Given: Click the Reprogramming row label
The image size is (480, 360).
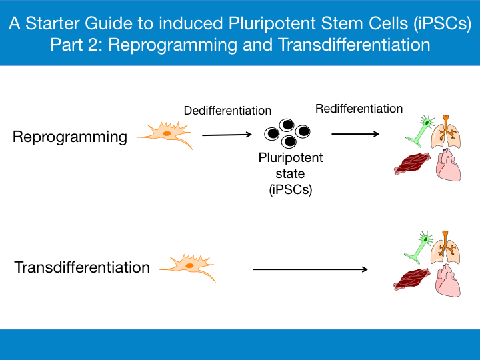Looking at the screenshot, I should click(70, 137).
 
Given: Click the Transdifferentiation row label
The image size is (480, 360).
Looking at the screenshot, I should click(82, 267).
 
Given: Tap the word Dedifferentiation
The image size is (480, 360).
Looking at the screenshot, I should click(227, 111).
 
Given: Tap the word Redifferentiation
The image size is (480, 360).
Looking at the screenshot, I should click(359, 109).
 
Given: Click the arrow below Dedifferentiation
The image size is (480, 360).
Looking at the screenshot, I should click(227, 135).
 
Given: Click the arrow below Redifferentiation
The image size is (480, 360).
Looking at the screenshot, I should click(355, 134).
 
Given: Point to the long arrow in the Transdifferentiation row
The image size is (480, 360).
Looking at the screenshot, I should click(310, 269).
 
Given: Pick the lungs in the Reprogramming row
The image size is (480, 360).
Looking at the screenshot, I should click(446, 134).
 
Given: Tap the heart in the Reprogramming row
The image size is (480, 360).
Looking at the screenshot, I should click(449, 165).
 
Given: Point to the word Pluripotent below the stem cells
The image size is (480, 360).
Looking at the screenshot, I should click(291, 158).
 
